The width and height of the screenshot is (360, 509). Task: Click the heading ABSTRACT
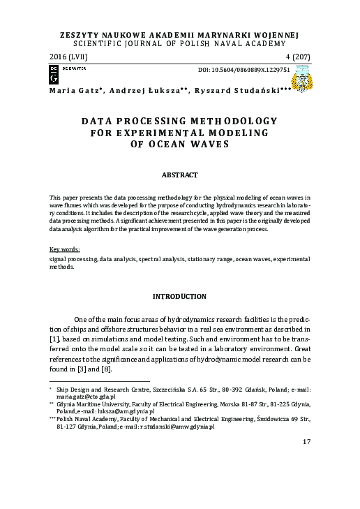(180, 175)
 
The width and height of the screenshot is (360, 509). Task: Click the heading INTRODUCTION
(180, 297)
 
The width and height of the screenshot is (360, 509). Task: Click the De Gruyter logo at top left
(54, 70)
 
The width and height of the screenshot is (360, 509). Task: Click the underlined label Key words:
(65, 249)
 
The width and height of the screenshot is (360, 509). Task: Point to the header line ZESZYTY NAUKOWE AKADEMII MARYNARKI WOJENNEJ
(180, 33)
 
